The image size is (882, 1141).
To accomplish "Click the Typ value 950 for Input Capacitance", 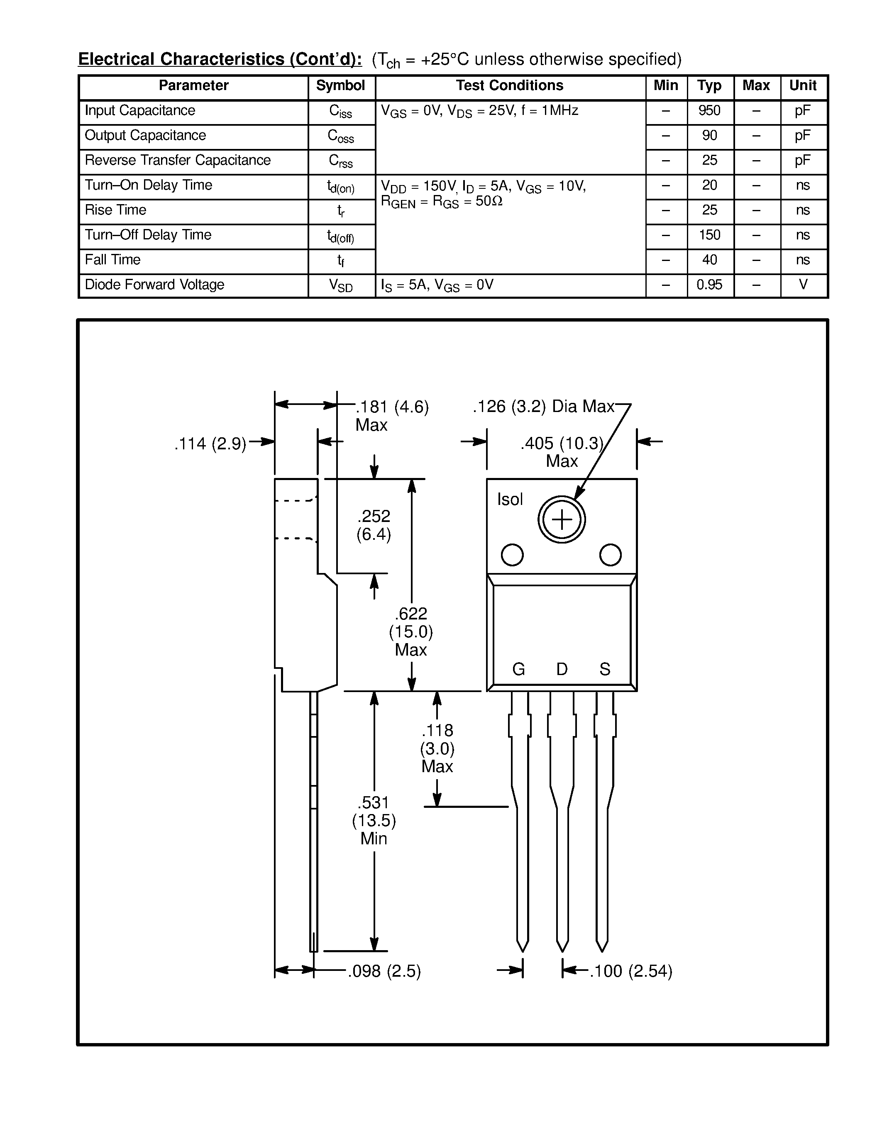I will coord(709,111).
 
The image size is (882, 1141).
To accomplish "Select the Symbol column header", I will coord(340,86).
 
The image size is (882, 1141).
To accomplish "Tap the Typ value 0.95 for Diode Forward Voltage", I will coord(709,285).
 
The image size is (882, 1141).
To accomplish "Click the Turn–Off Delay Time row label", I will coord(148,235).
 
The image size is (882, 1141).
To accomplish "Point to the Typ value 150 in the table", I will coord(709,235).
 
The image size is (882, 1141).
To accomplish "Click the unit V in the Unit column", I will coord(803,285).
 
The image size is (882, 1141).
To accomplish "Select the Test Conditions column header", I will coord(509,86).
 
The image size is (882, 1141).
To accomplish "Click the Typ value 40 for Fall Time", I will coord(709,260).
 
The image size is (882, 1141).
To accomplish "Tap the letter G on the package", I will coord(518,669).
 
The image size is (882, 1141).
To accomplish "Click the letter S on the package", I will coord(605,669).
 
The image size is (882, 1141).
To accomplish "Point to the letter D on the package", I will coord(562,669).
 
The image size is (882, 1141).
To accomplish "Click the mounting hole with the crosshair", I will coord(562,520).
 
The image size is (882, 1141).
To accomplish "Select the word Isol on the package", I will coord(509,500).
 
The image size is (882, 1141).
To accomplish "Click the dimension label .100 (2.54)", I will coord(630,971).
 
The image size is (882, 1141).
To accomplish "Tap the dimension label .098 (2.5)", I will coord(384,971).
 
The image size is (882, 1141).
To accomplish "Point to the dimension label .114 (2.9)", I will coord(210,444).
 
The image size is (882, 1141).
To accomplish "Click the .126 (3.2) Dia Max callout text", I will coord(543,407).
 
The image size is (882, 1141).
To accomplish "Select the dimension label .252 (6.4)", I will coord(374,525).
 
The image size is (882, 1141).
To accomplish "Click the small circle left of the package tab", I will coord(512,555).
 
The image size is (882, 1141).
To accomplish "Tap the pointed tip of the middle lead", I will coord(562,950).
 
